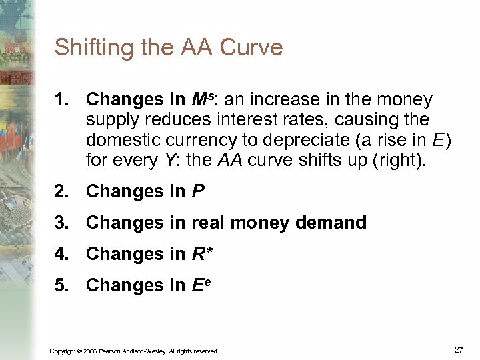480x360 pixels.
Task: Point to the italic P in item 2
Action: coord(198,192)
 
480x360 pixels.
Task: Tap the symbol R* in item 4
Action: coord(203,255)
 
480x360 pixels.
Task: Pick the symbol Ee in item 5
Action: coord(203,285)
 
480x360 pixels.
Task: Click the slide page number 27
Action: coord(458,349)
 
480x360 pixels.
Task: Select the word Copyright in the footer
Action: coord(63,351)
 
